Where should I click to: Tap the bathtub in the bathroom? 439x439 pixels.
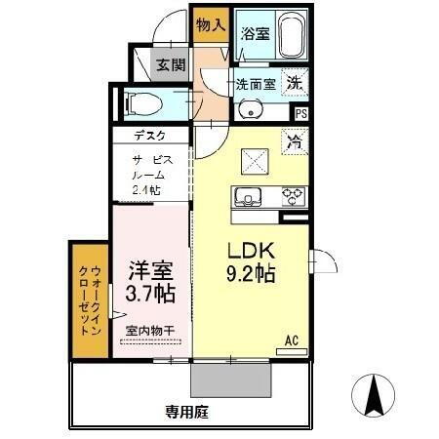291,37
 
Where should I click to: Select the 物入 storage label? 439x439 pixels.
210,24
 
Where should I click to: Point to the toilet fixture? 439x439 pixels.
145,101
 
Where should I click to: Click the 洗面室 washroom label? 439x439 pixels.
254,84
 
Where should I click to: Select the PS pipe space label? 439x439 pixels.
301,113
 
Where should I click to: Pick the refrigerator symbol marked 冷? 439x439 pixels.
294,141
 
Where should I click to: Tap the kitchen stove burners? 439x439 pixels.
292,197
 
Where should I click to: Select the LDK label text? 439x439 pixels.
250,249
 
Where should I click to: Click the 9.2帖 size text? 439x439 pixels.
250,274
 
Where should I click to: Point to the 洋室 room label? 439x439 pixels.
149,266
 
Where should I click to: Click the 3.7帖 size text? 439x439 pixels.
149,292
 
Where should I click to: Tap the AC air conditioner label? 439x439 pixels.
291,340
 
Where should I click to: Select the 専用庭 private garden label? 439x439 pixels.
187,413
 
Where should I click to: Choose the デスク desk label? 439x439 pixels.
149,137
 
